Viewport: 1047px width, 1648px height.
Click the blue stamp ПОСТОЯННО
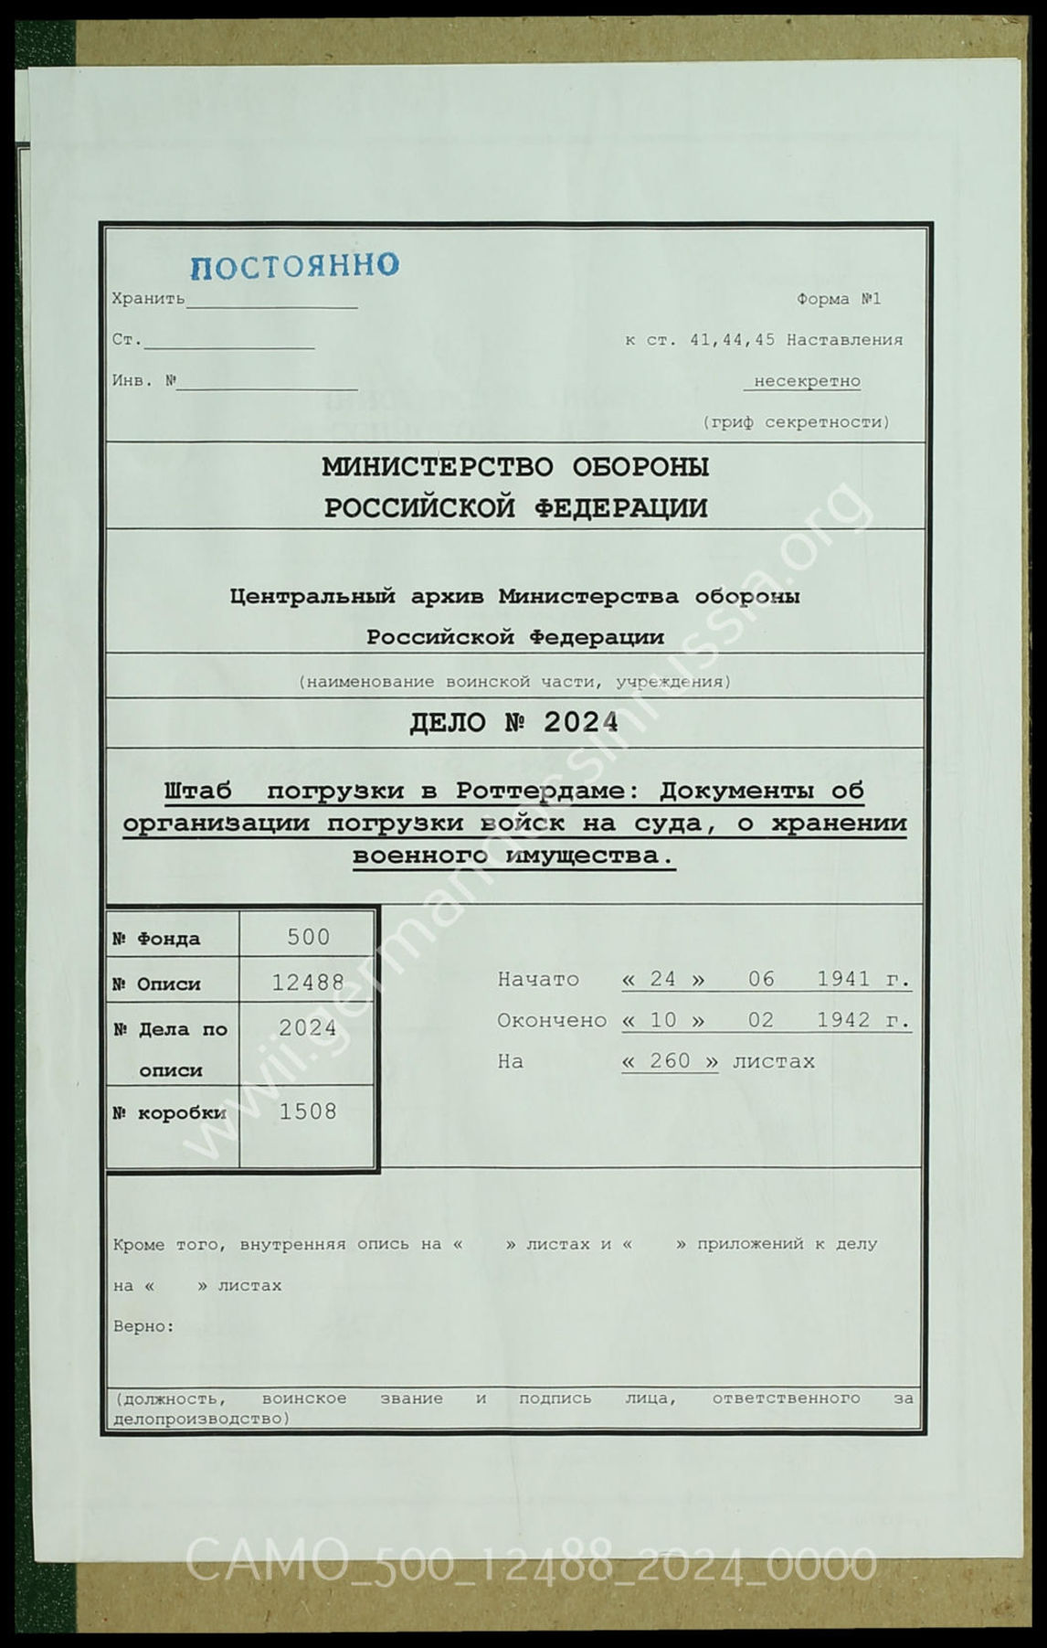pos(294,266)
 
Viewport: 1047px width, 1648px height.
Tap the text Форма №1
pos(838,299)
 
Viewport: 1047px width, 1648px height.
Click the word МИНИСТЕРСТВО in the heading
pos(437,467)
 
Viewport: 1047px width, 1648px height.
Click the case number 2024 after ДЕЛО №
pos(580,722)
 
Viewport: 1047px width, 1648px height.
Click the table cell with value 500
pos(308,937)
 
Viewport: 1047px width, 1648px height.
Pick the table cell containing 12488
pos(308,983)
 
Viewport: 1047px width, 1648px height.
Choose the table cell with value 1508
pos(308,1111)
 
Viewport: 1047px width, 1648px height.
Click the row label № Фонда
pos(156,939)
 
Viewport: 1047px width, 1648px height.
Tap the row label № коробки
pos(169,1113)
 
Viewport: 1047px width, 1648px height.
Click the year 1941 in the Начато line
pos(843,979)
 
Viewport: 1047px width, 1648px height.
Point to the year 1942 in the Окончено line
pos(843,1020)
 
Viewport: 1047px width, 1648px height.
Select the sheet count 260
pos(670,1061)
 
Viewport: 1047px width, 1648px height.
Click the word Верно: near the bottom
pos(143,1326)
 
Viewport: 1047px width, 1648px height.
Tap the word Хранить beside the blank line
pos(148,299)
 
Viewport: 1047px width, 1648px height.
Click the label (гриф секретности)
pos(796,422)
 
